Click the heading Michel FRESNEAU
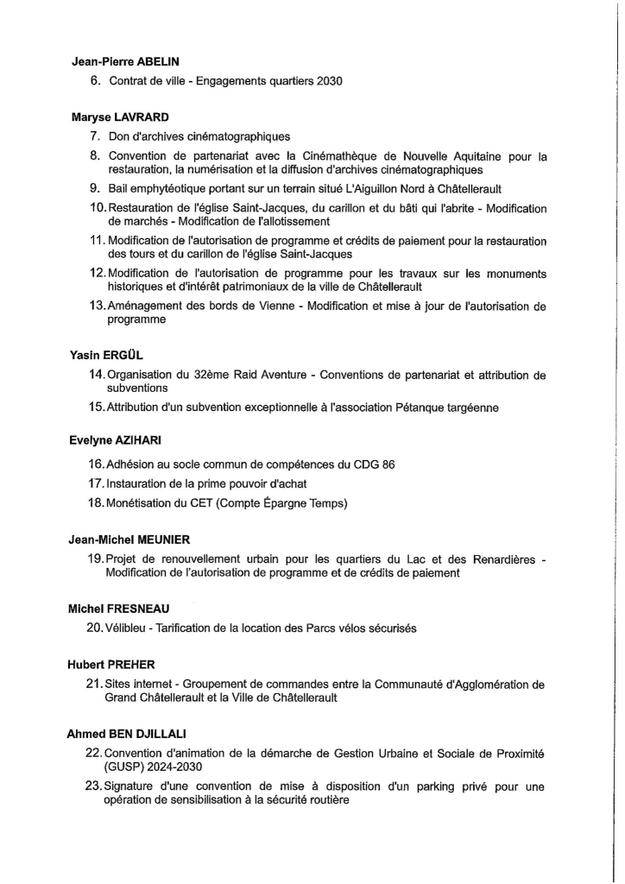click(119, 609)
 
